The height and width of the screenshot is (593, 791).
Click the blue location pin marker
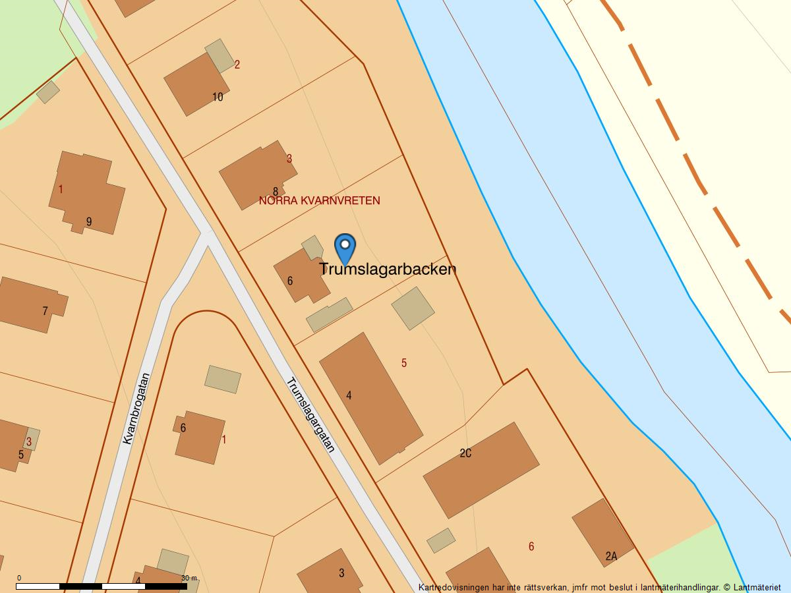(x=345, y=248)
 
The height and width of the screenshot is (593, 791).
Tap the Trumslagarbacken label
(x=388, y=269)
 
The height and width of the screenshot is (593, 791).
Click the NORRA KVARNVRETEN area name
(x=319, y=200)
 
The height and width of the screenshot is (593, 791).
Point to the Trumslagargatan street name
(x=310, y=414)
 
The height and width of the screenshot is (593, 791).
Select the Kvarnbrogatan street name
(x=136, y=409)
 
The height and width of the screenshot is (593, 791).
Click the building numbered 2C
(x=481, y=469)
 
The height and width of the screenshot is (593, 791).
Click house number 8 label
(x=276, y=192)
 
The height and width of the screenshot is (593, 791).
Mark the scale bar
(x=102, y=586)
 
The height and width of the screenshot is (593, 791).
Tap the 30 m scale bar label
(x=189, y=578)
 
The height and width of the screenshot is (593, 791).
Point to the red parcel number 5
(x=404, y=363)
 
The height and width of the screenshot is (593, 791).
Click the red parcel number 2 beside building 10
(x=237, y=65)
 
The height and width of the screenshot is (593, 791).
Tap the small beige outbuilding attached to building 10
(x=220, y=55)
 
